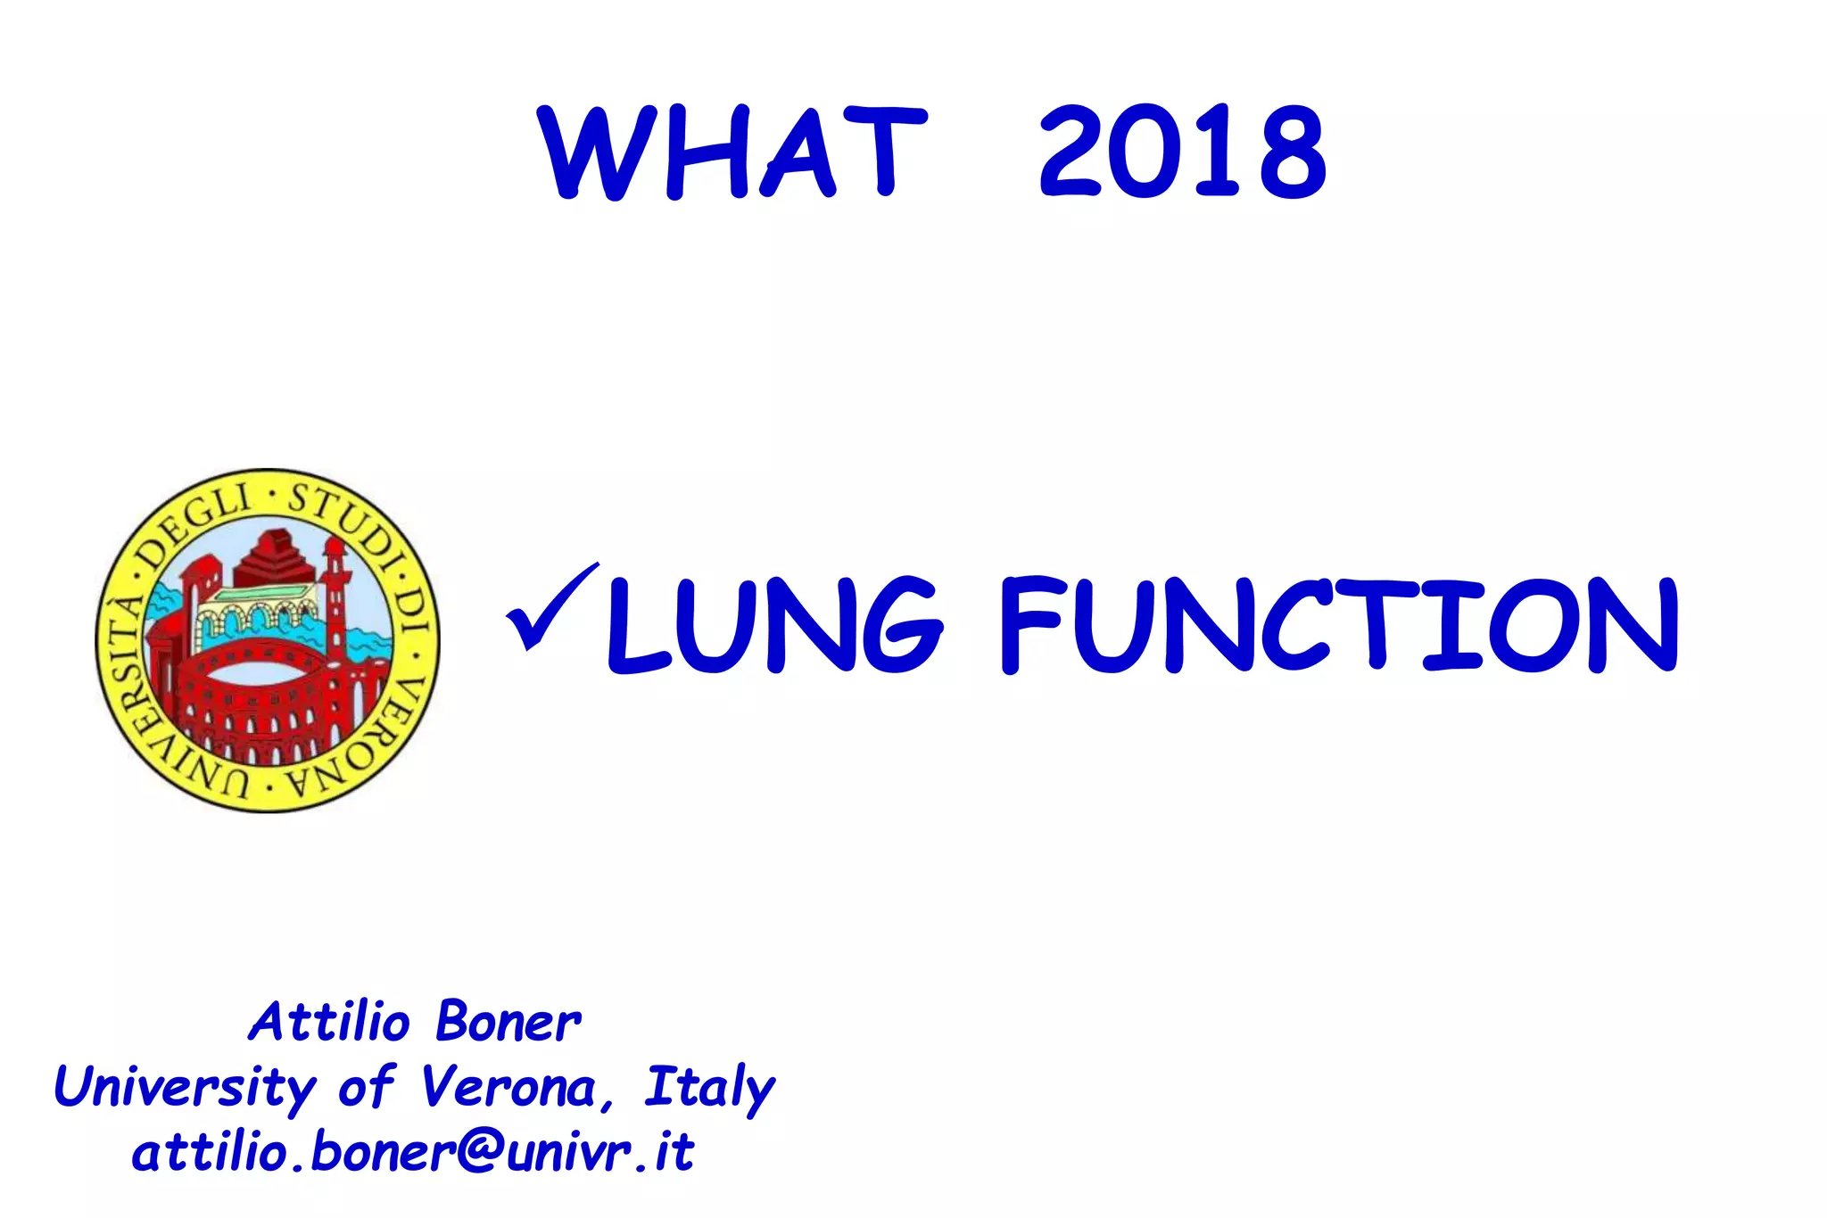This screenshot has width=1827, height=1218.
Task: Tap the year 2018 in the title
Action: point(1183,152)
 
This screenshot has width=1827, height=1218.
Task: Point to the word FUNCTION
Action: point(1339,624)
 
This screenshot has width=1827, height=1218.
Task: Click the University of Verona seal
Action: point(268,640)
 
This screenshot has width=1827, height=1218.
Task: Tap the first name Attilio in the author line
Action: point(329,1022)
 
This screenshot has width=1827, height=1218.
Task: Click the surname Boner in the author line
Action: point(508,1022)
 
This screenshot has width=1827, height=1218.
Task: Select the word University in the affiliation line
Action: point(186,1088)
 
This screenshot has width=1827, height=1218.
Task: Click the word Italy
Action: point(709,1088)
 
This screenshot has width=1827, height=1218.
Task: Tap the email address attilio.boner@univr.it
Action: point(412,1153)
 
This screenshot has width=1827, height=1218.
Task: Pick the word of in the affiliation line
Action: point(366,1088)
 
